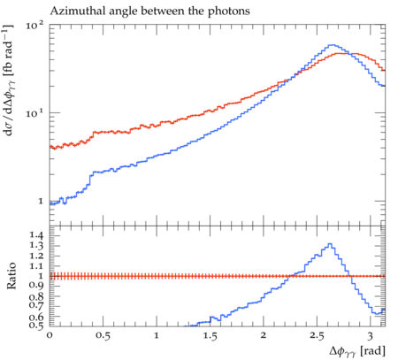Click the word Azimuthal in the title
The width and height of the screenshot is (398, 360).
[73, 11]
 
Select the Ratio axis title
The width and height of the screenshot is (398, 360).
[11, 276]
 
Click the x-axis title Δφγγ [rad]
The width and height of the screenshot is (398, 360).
[357, 351]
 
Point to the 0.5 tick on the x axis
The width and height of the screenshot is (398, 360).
[103, 335]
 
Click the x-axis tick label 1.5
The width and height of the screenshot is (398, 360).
[210, 335]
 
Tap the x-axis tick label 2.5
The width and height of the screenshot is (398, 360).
[317, 335]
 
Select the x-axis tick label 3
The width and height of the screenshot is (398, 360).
[371, 335]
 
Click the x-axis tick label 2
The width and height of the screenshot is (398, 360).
[264, 335]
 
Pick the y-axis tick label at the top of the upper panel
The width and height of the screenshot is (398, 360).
[34, 26]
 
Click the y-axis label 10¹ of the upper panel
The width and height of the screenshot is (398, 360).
[34, 113]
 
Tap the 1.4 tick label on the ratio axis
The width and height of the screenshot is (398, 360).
[36, 235]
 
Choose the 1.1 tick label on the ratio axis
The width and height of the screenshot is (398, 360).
[36, 266]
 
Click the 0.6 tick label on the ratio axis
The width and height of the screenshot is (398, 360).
[36, 317]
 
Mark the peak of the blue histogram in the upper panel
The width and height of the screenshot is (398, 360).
[333, 45]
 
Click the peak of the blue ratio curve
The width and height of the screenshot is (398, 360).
[330, 244]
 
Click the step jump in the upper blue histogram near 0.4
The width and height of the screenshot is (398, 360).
[89, 179]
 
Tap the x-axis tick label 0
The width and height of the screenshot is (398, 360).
[50, 335]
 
